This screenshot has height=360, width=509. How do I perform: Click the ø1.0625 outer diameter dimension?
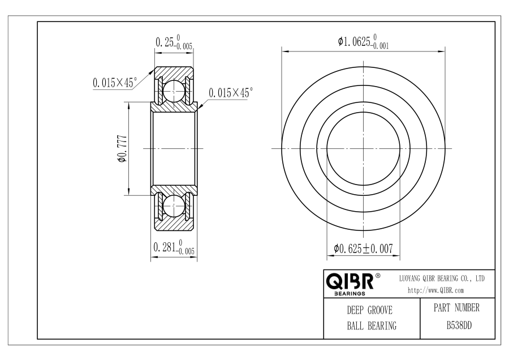363,41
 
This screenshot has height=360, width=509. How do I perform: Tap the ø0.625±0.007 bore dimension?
363,249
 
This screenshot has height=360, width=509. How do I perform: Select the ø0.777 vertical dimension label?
122,148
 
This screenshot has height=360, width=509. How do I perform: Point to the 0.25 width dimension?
174,42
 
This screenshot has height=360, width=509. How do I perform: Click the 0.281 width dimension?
174,247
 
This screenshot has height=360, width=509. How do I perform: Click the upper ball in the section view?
174,91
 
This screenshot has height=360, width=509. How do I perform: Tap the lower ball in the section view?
174,206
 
